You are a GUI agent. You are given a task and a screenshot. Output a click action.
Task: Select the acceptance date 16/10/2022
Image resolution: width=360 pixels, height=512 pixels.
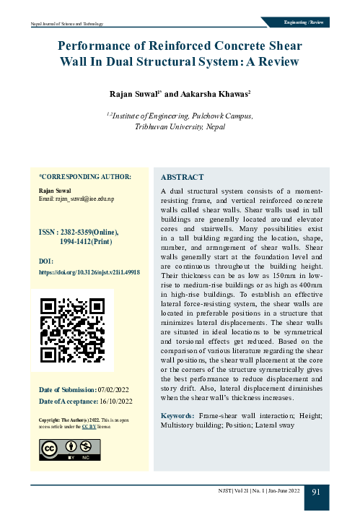[115, 401]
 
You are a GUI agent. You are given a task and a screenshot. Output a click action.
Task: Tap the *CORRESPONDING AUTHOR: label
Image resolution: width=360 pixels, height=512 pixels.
[84, 176]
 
